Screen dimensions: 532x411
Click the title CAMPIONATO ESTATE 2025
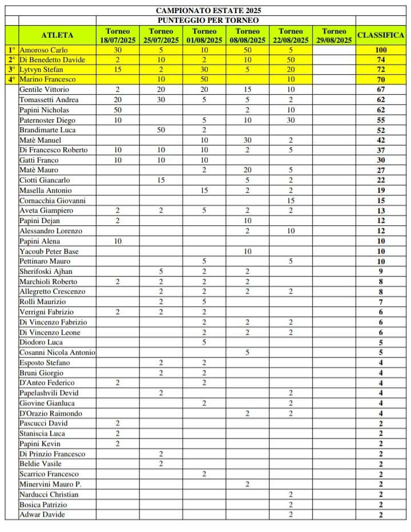point(208,10)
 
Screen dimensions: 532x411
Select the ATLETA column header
point(57,35)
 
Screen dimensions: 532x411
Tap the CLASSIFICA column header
point(381,35)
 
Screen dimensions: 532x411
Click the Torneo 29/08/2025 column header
point(334,35)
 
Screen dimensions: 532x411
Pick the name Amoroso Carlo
point(43,50)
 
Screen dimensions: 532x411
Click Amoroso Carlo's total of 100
point(381,50)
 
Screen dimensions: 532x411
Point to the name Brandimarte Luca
point(47,130)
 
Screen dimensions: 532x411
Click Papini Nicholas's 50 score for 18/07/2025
point(118,109)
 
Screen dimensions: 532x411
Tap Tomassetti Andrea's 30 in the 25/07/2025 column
point(161,100)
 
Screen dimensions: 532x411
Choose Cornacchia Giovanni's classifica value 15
point(381,201)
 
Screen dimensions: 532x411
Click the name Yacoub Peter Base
point(49,251)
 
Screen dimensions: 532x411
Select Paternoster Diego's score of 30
point(291,120)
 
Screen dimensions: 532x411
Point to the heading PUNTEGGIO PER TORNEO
point(208,20)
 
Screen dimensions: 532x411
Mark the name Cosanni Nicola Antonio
point(57,352)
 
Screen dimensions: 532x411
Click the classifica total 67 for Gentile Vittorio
point(381,90)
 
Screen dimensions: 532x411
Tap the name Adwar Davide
point(42,514)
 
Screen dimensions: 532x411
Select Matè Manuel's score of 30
point(247,140)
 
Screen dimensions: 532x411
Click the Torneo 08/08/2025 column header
point(247,35)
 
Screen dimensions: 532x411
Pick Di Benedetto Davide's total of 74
point(381,60)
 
